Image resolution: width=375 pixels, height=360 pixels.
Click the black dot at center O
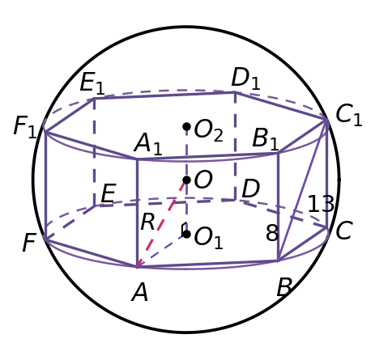coord(186,180)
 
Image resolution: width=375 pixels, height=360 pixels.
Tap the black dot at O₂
coord(186,126)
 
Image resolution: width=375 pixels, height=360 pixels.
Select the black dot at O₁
coord(186,234)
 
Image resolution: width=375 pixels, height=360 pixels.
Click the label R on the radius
coord(148,222)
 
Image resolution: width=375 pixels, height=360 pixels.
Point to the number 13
coord(321,204)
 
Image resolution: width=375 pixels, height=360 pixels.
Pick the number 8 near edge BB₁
coord(272,233)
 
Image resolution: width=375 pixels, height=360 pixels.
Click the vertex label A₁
coord(148,144)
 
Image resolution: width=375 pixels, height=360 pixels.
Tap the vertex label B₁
coord(266,138)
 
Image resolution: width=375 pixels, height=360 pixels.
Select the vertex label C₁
coord(349,116)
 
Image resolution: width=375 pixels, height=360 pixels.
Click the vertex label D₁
coord(246,78)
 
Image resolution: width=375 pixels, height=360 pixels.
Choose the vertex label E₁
coord(92,83)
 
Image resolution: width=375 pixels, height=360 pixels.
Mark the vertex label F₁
coord(25,127)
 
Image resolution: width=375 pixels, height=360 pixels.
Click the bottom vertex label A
coord(140,293)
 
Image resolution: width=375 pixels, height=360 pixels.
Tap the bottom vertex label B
coord(284,287)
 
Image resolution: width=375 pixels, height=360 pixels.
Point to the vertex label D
coord(251,188)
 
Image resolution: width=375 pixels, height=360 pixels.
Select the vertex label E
coord(109,193)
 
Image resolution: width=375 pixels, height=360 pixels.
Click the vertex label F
coord(29,242)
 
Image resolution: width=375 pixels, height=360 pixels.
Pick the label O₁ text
coord(208,239)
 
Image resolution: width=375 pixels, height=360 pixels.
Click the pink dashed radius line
coord(161,224)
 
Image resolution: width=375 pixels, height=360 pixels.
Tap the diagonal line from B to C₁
coord(303,190)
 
